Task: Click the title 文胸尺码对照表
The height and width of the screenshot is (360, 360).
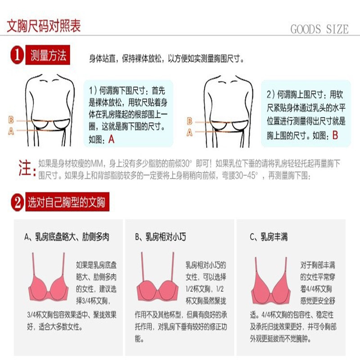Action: pyautogui.click(x=44, y=26)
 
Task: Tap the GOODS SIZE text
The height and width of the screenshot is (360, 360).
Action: pyautogui.click(x=319, y=30)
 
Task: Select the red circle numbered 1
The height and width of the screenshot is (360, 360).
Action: pyautogui.click(x=17, y=56)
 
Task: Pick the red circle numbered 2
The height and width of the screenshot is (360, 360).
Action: pyautogui.click(x=17, y=202)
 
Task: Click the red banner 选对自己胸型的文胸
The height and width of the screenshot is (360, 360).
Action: pyautogui.click(x=67, y=202)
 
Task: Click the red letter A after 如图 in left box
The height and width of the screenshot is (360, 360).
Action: pyautogui.click(x=112, y=139)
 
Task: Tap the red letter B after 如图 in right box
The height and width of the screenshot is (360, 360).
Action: pyautogui.click(x=335, y=135)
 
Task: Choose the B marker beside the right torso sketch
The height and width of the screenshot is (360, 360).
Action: pyautogui.click(x=189, y=121)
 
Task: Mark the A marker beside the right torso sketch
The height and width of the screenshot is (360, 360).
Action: pyautogui.click(x=189, y=132)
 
